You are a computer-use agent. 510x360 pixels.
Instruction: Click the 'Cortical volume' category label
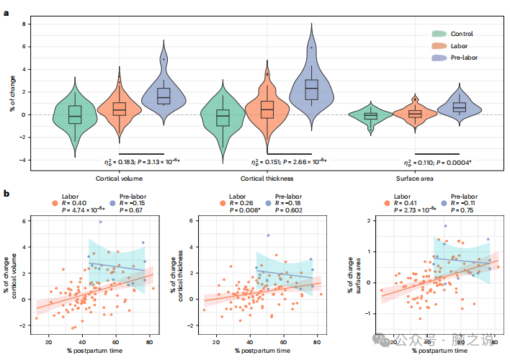(x=117, y=177)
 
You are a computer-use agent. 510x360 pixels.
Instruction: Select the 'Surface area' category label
(x=414, y=177)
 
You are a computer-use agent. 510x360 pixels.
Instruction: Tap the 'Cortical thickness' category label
(x=265, y=177)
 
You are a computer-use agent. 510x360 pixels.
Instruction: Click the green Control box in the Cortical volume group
(x=75, y=114)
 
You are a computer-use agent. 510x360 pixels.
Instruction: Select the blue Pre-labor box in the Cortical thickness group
(x=311, y=89)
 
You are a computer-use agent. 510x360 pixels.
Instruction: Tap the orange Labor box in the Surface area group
(x=414, y=113)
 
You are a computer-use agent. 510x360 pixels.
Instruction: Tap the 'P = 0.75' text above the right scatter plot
(x=462, y=210)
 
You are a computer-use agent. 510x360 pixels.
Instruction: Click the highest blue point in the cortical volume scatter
(x=100, y=222)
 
